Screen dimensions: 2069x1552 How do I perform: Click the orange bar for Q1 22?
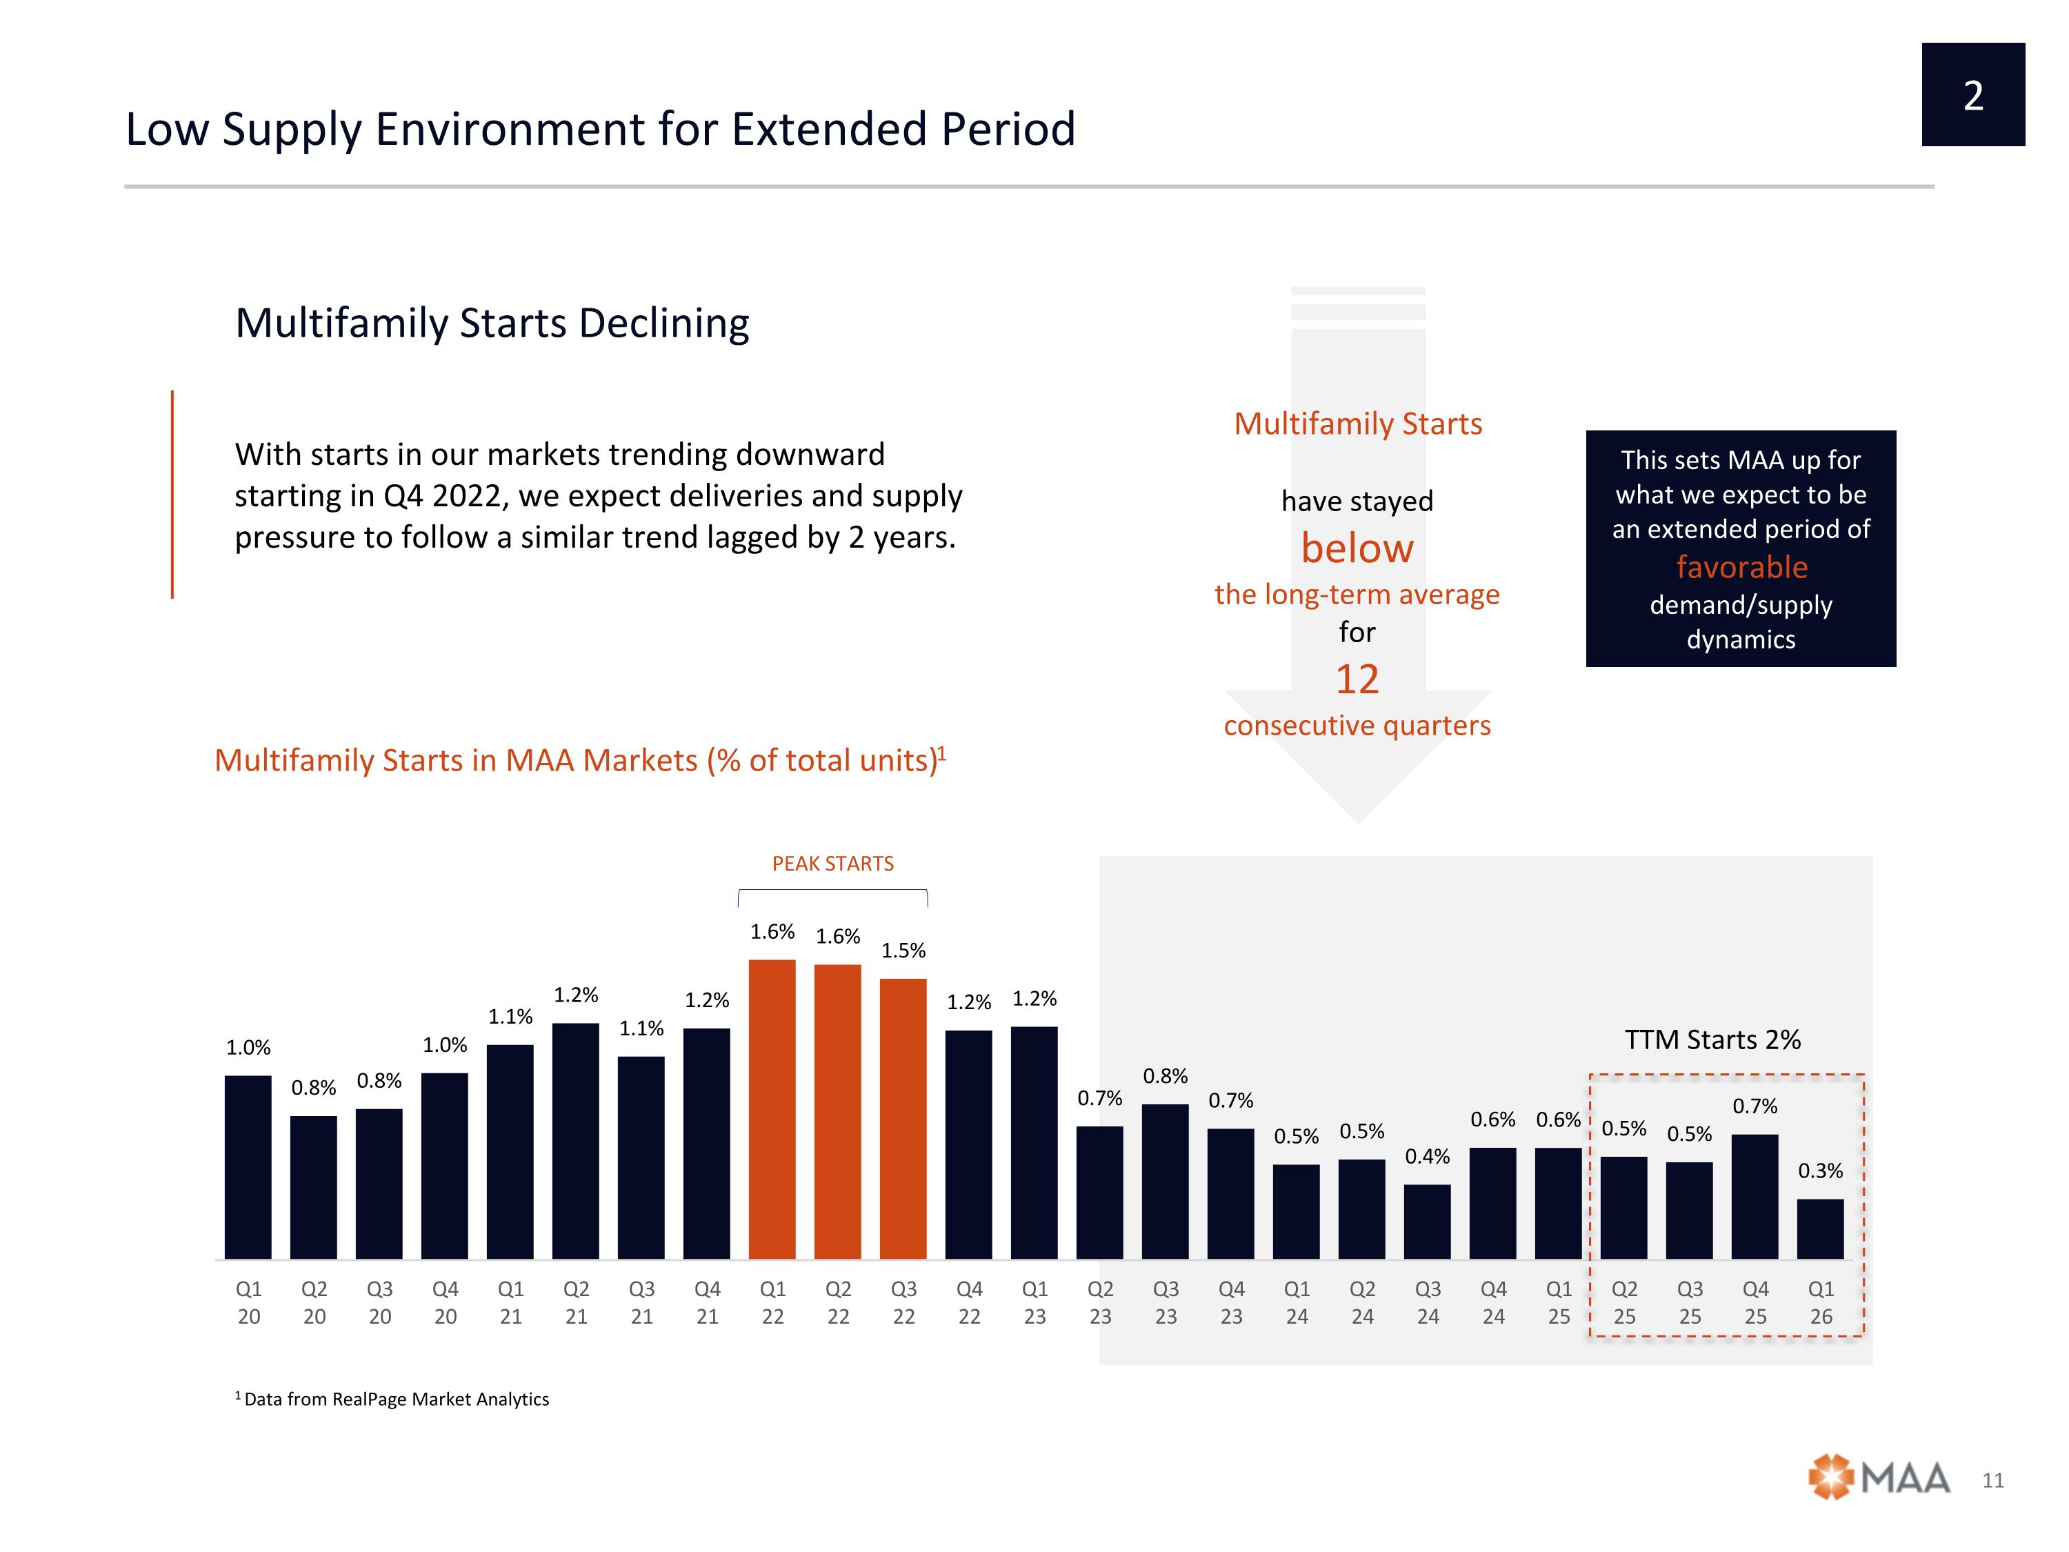(x=772, y=1108)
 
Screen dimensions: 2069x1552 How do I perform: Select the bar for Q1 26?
(x=1820, y=1229)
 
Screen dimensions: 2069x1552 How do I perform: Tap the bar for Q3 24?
(x=1428, y=1222)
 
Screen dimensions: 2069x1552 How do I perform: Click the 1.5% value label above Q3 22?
(x=903, y=951)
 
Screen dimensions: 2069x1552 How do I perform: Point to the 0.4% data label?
(x=1428, y=1156)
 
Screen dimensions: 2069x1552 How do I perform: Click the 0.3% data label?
(x=1820, y=1171)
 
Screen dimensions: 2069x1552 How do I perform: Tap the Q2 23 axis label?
(x=1100, y=1302)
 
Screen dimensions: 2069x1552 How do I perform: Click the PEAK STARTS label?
(x=832, y=864)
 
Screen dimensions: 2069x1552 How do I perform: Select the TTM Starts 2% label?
(x=1712, y=1039)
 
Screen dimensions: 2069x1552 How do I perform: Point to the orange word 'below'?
(x=1357, y=548)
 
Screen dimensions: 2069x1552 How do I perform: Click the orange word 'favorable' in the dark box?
(x=1741, y=567)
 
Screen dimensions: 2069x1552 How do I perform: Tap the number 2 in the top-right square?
(x=1974, y=95)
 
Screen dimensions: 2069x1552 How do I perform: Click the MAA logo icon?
(x=1830, y=1478)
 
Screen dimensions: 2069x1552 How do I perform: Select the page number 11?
(x=1993, y=1480)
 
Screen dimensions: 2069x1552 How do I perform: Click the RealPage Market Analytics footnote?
(x=392, y=1399)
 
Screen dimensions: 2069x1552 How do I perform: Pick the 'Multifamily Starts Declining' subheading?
(x=492, y=324)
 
